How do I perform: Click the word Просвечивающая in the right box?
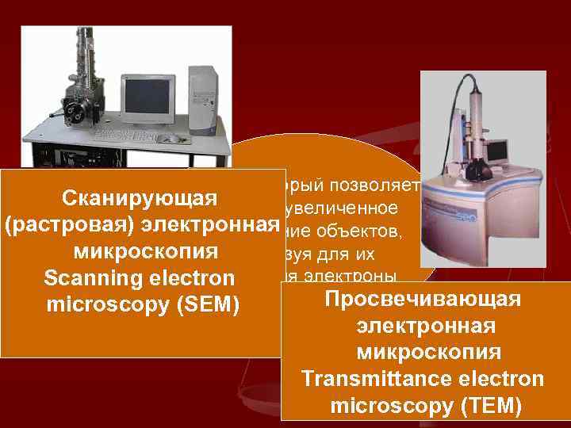click(422, 300)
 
